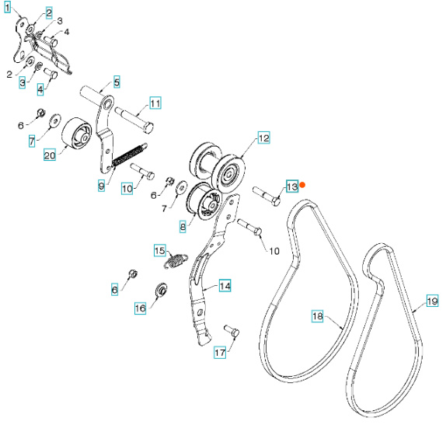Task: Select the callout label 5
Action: (x=117, y=82)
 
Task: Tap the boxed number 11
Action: (x=155, y=103)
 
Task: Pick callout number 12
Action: (x=263, y=138)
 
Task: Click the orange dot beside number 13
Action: (x=305, y=185)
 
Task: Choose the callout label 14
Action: (x=224, y=286)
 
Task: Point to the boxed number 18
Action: (x=317, y=316)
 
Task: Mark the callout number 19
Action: (x=432, y=298)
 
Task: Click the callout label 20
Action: (x=49, y=155)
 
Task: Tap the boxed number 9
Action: (x=100, y=185)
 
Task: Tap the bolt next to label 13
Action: (x=264, y=195)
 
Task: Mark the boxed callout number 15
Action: (x=159, y=250)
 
